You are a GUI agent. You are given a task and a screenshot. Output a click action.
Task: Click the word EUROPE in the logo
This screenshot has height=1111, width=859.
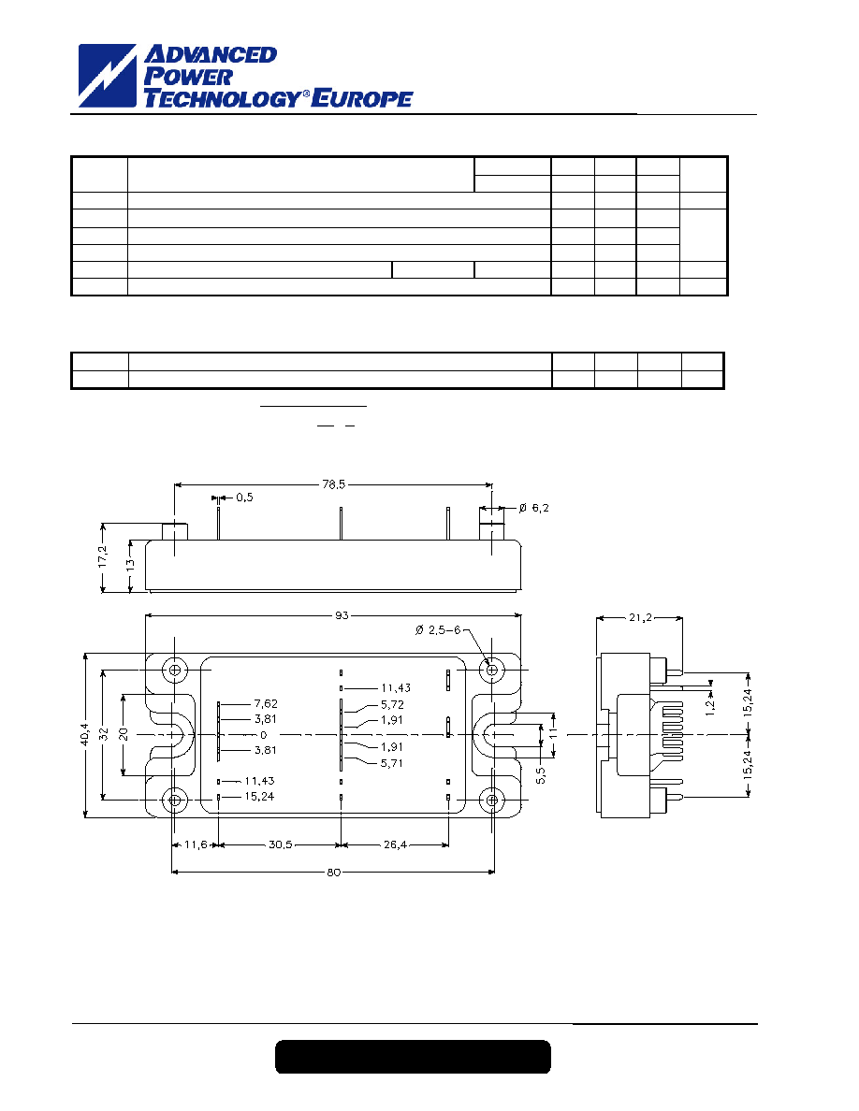click(x=362, y=98)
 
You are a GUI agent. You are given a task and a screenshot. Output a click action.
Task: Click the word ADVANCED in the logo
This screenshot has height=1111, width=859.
click(x=211, y=54)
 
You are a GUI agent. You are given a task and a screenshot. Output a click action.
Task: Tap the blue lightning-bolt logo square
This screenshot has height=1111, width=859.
click(x=107, y=76)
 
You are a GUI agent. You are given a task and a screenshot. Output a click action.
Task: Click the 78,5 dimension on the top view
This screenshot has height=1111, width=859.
click(x=333, y=484)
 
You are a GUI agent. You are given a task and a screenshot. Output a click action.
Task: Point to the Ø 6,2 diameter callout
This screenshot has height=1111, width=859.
click(x=533, y=508)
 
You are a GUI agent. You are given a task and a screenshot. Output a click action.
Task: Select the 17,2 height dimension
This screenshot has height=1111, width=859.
click(x=104, y=556)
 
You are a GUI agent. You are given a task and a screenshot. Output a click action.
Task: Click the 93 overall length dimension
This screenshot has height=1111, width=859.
click(x=342, y=615)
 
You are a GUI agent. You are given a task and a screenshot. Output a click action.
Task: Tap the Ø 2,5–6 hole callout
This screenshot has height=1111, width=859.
click(x=438, y=630)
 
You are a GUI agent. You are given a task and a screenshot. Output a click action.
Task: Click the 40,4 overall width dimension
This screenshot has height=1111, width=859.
click(x=84, y=734)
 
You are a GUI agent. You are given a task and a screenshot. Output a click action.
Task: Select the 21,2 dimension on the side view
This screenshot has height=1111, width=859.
click(x=640, y=618)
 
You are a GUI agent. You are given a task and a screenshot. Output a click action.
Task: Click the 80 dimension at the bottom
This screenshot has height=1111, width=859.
click(x=333, y=873)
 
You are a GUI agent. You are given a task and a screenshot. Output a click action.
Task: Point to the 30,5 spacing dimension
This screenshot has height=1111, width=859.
click(x=280, y=844)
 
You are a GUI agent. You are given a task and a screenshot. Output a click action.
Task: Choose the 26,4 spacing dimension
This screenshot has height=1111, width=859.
click(x=395, y=844)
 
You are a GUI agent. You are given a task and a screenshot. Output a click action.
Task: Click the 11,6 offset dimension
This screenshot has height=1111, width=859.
click(x=196, y=844)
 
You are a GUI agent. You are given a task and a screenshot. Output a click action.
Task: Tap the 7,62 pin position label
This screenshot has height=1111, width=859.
click(x=266, y=703)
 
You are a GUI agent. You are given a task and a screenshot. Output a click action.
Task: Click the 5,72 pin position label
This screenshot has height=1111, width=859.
click(x=392, y=704)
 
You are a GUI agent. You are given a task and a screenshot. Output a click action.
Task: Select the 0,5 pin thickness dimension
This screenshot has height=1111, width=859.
click(x=244, y=498)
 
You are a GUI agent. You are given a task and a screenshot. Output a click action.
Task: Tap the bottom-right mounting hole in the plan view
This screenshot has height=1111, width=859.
click(x=490, y=801)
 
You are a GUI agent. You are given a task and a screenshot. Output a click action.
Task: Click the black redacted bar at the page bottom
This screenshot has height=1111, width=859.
click(x=414, y=1057)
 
